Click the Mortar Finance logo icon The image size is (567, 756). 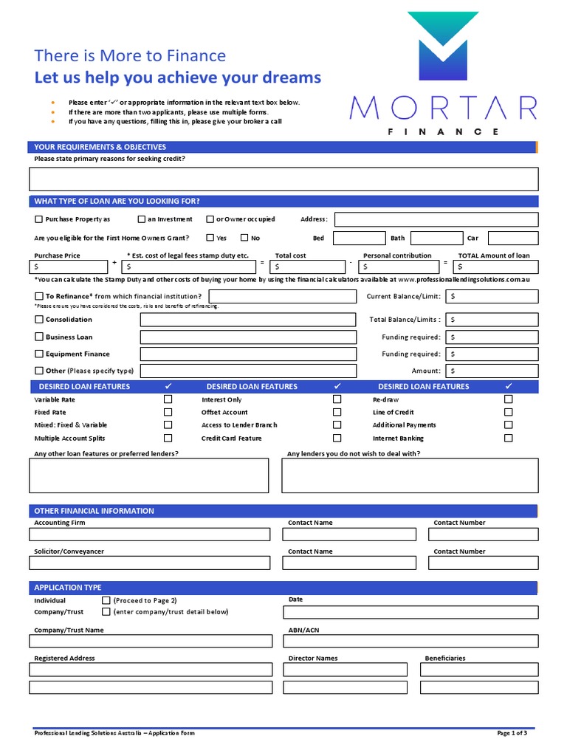click(443, 48)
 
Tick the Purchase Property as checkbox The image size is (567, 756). click(38, 219)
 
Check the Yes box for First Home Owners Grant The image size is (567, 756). click(210, 238)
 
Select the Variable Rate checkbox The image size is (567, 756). click(168, 399)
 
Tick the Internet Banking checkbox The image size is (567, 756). click(508, 438)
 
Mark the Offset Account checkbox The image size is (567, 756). click(337, 412)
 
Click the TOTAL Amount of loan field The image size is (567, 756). click(495, 267)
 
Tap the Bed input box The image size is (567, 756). click(360, 238)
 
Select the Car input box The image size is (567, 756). click(513, 238)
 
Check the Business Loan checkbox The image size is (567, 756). click(38, 337)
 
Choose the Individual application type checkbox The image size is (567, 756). click(106, 600)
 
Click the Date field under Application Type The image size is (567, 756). click(410, 613)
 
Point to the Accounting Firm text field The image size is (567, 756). click(149, 535)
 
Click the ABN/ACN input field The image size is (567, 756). click(410, 643)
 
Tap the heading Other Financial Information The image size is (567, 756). click(94, 511)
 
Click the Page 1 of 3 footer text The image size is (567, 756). click(512, 733)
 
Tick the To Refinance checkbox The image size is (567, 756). click(38, 296)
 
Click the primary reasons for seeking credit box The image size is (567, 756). click(283, 179)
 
